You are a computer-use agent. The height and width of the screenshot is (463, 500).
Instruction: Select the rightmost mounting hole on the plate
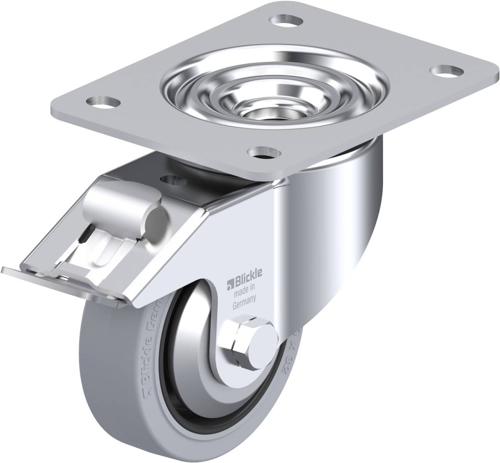click(446, 70)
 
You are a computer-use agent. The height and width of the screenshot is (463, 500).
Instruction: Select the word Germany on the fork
click(244, 299)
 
